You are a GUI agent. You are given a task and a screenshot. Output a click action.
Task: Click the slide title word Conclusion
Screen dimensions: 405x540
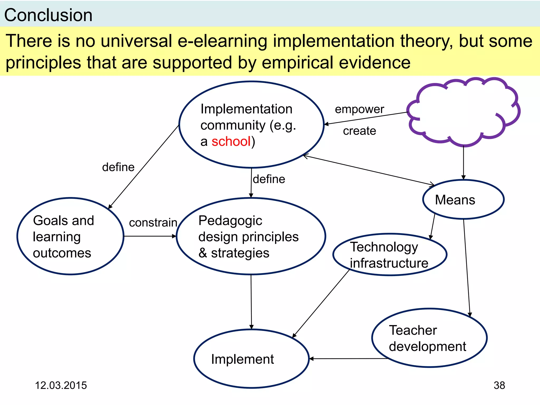pos(48,15)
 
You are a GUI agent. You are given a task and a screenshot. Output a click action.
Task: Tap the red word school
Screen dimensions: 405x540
pos(231,141)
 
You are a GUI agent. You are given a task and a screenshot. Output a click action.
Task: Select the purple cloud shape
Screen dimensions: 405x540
pos(463,112)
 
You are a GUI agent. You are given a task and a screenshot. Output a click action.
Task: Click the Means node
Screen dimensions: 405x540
pos(463,200)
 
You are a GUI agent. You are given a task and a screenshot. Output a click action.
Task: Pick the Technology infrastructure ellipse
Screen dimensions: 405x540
pos(389,255)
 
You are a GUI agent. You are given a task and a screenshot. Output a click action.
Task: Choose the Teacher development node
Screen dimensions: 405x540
pos(429,338)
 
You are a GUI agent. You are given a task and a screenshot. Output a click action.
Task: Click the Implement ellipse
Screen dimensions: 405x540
pos(251,359)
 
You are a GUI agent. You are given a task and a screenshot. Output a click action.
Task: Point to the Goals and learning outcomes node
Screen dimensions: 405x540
pos(70,237)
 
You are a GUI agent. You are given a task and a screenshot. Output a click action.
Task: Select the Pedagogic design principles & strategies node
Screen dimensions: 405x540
pos(251,237)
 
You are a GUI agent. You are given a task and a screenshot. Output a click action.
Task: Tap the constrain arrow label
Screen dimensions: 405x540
pos(153,223)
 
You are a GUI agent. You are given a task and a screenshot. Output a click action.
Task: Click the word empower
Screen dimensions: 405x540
pos(359,109)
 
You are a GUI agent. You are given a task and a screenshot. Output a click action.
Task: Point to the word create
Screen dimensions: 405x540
pos(359,131)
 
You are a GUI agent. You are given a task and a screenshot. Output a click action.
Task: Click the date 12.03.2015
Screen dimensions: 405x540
pos(61,385)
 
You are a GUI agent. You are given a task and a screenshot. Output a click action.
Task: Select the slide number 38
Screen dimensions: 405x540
pos(499,385)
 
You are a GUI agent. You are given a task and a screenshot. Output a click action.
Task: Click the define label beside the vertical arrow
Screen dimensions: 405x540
pos(269,179)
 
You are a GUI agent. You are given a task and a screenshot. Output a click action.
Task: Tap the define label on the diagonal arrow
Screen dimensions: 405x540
pos(118,167)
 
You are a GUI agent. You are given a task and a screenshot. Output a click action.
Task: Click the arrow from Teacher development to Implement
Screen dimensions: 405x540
pos(348,359)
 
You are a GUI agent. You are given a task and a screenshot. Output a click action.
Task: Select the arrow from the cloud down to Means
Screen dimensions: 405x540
pos(463,162)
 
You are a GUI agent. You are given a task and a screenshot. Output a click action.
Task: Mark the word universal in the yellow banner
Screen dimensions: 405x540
pos(136,41)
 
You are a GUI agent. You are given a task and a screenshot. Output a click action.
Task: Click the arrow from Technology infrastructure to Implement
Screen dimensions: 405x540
pos(321,303)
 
